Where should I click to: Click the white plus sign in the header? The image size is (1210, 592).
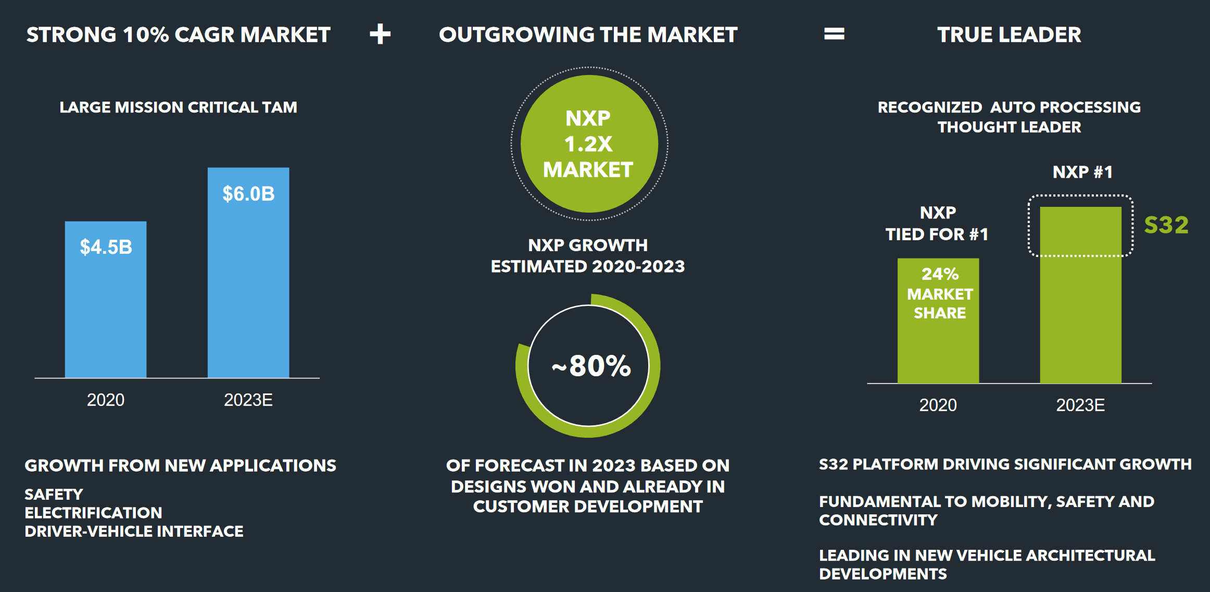(380, 34)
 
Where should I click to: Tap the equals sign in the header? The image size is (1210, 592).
(834, 34)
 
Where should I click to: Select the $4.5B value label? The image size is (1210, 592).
(106, 247)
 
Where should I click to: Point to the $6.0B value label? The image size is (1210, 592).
(248, 194)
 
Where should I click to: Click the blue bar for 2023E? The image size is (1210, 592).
(248, 292)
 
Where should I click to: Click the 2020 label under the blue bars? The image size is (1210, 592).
(106, 400)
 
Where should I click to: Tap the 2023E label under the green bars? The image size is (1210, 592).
(1080, 405)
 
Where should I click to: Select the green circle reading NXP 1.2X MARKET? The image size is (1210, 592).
(589, 144)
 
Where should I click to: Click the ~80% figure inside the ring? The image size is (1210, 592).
(591, 366)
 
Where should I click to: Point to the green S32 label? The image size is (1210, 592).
(1166, 225)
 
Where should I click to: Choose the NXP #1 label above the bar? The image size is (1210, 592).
(1082, 172)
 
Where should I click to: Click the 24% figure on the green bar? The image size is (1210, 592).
(940, 274)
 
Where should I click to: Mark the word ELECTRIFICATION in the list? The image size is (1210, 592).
(93, 513)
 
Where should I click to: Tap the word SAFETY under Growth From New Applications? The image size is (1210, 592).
(54, 494)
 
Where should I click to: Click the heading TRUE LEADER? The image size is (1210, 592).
(1009, 35)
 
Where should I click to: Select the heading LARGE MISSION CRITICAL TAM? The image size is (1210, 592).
(178, 107)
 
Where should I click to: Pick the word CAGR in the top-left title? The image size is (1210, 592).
(205, 35)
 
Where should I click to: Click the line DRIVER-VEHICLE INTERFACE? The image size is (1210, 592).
(134, 531)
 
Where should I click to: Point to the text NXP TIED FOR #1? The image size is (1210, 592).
(937, 224)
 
